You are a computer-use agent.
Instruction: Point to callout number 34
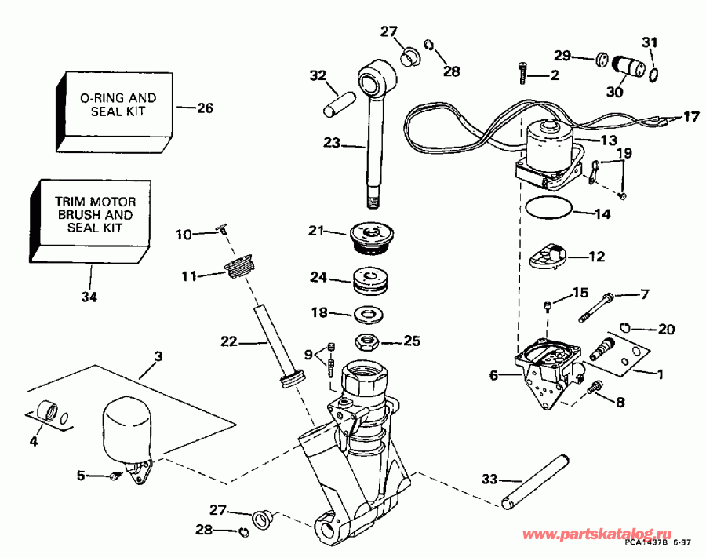coord(89,297)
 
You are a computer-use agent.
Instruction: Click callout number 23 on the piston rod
coord(333,144)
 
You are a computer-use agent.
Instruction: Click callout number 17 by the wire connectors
coord(689,117)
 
